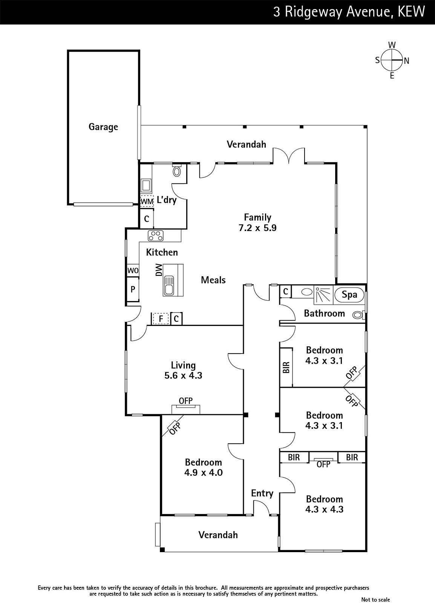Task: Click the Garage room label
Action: pos(103,127)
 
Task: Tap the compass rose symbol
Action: pos(392,60)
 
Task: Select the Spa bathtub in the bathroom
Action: pos(349,294)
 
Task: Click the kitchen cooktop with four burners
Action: pos(156,236)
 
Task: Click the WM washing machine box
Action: pos(147,201)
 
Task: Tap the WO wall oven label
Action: pos(133,271)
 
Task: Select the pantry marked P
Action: pos(133,289)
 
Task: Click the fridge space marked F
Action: pos(161,319)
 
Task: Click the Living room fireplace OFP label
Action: pos(186,401)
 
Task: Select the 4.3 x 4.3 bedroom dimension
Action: pos(325,509)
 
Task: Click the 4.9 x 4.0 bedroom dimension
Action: pos(204,473)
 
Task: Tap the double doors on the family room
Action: pos(289,155)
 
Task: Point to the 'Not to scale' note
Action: pos(375,599)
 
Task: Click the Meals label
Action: pos(213,280)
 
